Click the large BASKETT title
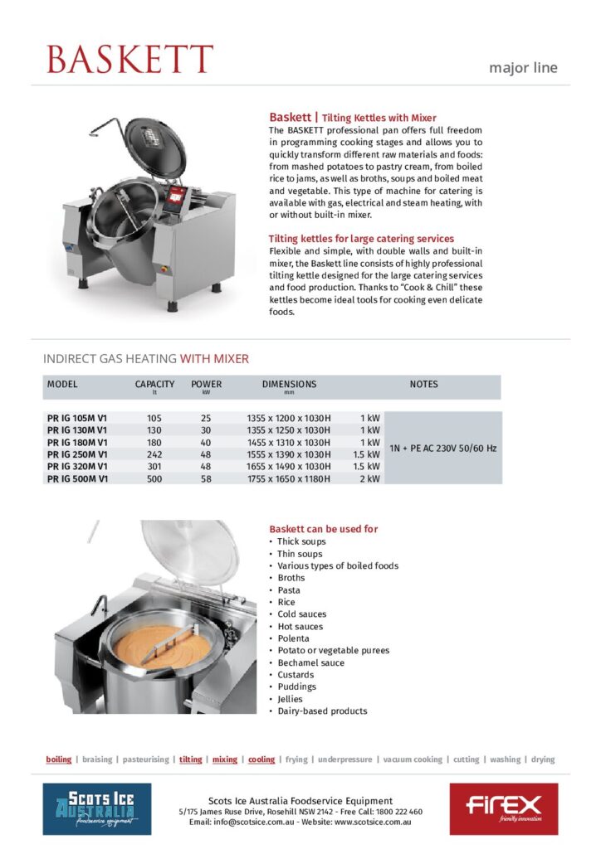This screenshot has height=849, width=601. coord(129,59)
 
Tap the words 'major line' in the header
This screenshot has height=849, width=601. coord(523,68)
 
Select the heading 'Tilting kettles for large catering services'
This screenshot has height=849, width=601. coord(361,239)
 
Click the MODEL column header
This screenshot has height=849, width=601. coord(62,385)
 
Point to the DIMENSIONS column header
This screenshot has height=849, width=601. coord(289,385)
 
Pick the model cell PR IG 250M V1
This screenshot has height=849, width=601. coord(77,454)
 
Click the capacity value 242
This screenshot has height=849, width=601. coord(154,454)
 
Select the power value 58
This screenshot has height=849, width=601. coord(206,478)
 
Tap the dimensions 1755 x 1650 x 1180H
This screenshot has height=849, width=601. coord(289,478)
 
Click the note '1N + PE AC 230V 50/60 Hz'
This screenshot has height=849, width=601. coord(443,448)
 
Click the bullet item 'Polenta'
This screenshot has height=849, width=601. coord(293,638)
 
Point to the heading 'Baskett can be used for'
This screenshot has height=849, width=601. coord(324,529)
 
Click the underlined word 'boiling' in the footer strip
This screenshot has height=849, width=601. coord(58,759)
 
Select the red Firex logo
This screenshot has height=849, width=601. coord(504,808)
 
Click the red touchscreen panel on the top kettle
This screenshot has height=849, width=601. coord(175,196)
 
